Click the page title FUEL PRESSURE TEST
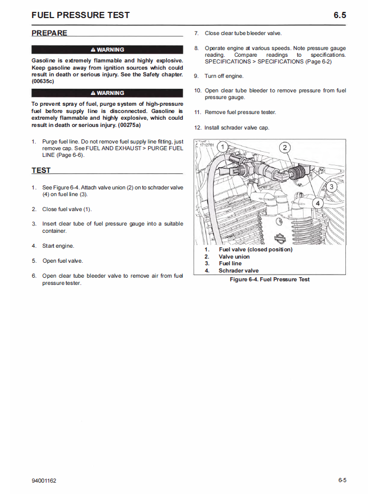(x=81, y=15)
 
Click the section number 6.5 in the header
(x=340, y=15)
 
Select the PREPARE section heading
(x=50, y=33)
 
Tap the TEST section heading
(x=41, y=170)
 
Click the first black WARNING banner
(x=107, y=50)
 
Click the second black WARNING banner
(x=107, y=93)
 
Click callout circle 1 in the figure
(x=222, y=147)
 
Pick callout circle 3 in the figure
(x=331, y=186)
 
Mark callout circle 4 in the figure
(x=318, y=203)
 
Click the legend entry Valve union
(x=234, y=257)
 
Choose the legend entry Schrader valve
(x=239, y=270)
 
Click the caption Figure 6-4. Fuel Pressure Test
(x=269, y=279)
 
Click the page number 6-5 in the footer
(x=342, y=481)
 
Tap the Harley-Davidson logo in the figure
(x=280, y=238)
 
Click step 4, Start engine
(x=58, y=246)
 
